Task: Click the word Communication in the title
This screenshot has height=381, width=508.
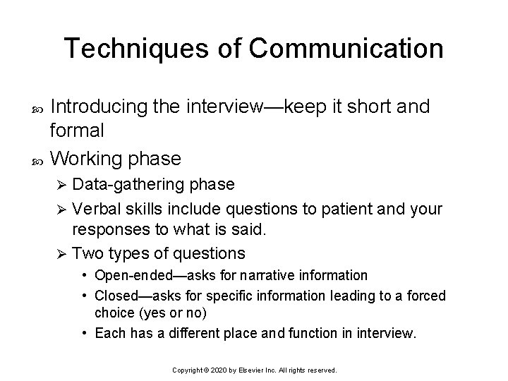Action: coord(346,48)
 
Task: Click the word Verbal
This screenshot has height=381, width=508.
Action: coord(96,209)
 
